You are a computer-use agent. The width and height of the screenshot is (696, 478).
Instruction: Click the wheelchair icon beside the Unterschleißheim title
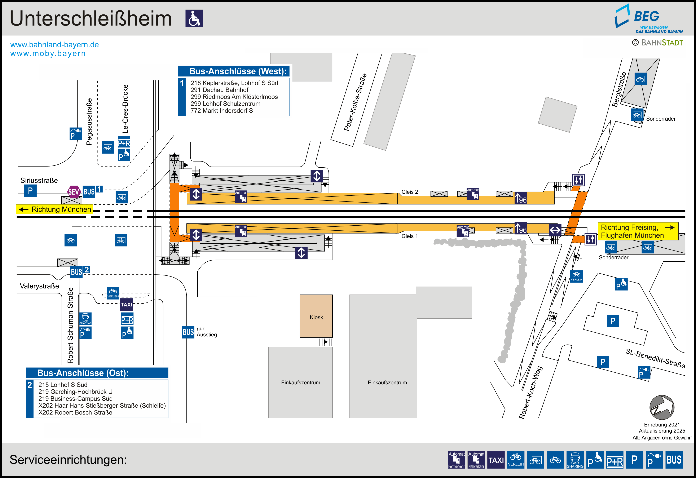pos(194,18)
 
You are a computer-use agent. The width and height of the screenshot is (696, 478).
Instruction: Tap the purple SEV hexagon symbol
pos(74,192)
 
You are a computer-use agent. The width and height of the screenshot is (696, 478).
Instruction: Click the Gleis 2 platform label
pos(409,192)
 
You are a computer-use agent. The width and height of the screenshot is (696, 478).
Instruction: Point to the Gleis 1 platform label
pos(409,236)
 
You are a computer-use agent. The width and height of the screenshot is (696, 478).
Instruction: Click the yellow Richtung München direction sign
pos(54,209)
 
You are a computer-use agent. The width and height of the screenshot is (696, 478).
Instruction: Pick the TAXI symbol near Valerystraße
pos(126,305)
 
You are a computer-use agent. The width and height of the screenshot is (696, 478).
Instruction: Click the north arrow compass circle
pos(662,407)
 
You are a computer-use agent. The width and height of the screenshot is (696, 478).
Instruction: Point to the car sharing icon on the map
pos(85,319)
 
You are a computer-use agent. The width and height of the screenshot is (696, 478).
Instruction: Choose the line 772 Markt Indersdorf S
pos(222,111)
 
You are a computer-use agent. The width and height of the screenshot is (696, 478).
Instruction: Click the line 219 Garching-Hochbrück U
pos(75,392)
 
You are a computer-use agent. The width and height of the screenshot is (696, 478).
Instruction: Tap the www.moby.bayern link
pos(48,54)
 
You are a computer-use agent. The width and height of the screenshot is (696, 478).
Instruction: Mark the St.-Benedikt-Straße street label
pos(655,358)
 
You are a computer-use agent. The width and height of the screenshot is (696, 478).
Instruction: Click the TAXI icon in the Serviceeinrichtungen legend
pos(496,460)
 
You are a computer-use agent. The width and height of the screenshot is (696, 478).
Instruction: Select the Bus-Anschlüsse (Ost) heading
pos(83,373)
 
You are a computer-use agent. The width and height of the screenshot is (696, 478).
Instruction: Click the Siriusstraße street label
pos(39,180)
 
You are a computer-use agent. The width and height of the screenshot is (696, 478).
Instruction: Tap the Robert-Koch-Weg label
pos(530,392)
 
